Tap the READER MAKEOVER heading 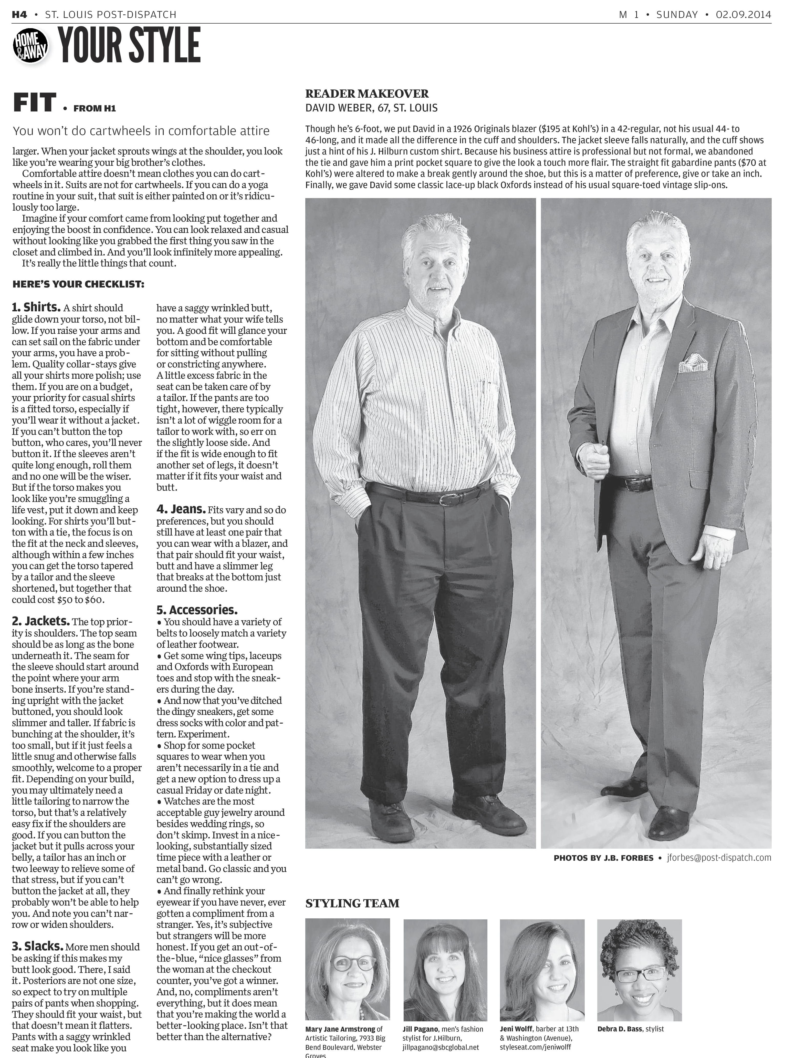click(367, 94)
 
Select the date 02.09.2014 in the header click(744, 15)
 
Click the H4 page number click(19, 15)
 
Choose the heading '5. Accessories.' click(197, 610)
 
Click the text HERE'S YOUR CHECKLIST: click(78, 285)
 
